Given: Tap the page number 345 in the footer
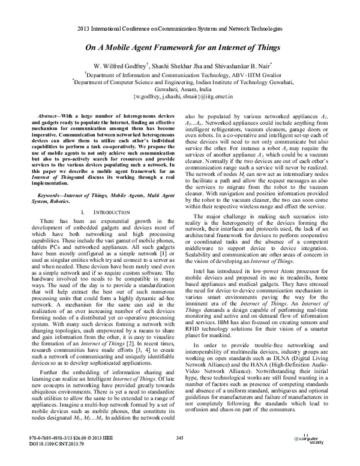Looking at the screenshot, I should pos(179,442).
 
